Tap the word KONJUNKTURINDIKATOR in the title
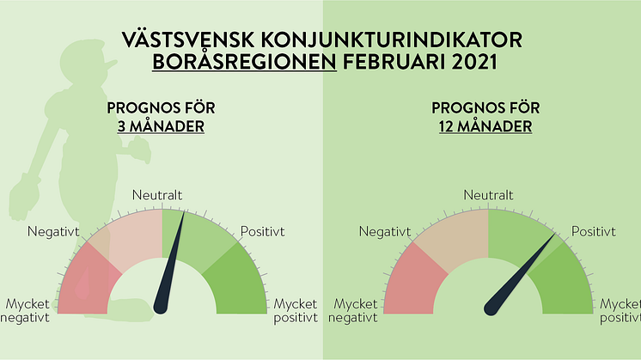click(391, 40)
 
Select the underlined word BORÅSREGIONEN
click(245, 62)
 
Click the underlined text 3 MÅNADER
click(161, 126)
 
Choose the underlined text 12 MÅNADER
click(485, 126)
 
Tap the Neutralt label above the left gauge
click(157, 195)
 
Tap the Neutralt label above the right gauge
click(488, 195)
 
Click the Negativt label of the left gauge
click(53, 232)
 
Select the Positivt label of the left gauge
click(262, 232)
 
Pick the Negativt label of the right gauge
click(385, 232)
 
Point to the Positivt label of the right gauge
click(594, 232)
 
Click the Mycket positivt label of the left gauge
click(296, 311)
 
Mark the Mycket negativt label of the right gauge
click(353, 311)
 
